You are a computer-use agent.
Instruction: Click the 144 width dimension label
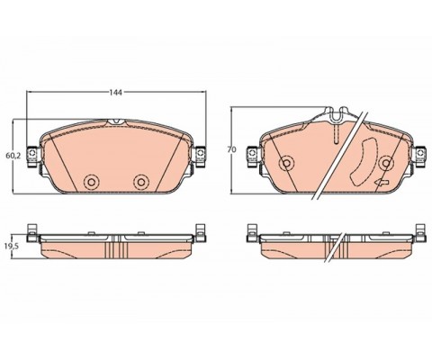click(115, 93)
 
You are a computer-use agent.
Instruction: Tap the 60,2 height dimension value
click(13, 156)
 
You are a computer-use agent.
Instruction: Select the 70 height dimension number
click(231, 149)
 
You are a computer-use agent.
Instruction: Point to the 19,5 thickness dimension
click(13, 247)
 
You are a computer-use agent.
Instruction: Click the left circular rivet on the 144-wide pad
click(91, 182)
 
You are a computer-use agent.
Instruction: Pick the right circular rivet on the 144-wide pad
click(141, 182)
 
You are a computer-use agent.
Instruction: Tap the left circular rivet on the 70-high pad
click(286, 163)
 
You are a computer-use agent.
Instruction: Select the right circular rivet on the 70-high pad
click(386, 163)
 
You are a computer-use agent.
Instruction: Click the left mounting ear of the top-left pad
click(32, 157)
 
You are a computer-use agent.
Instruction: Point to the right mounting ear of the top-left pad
click(200, 157)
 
